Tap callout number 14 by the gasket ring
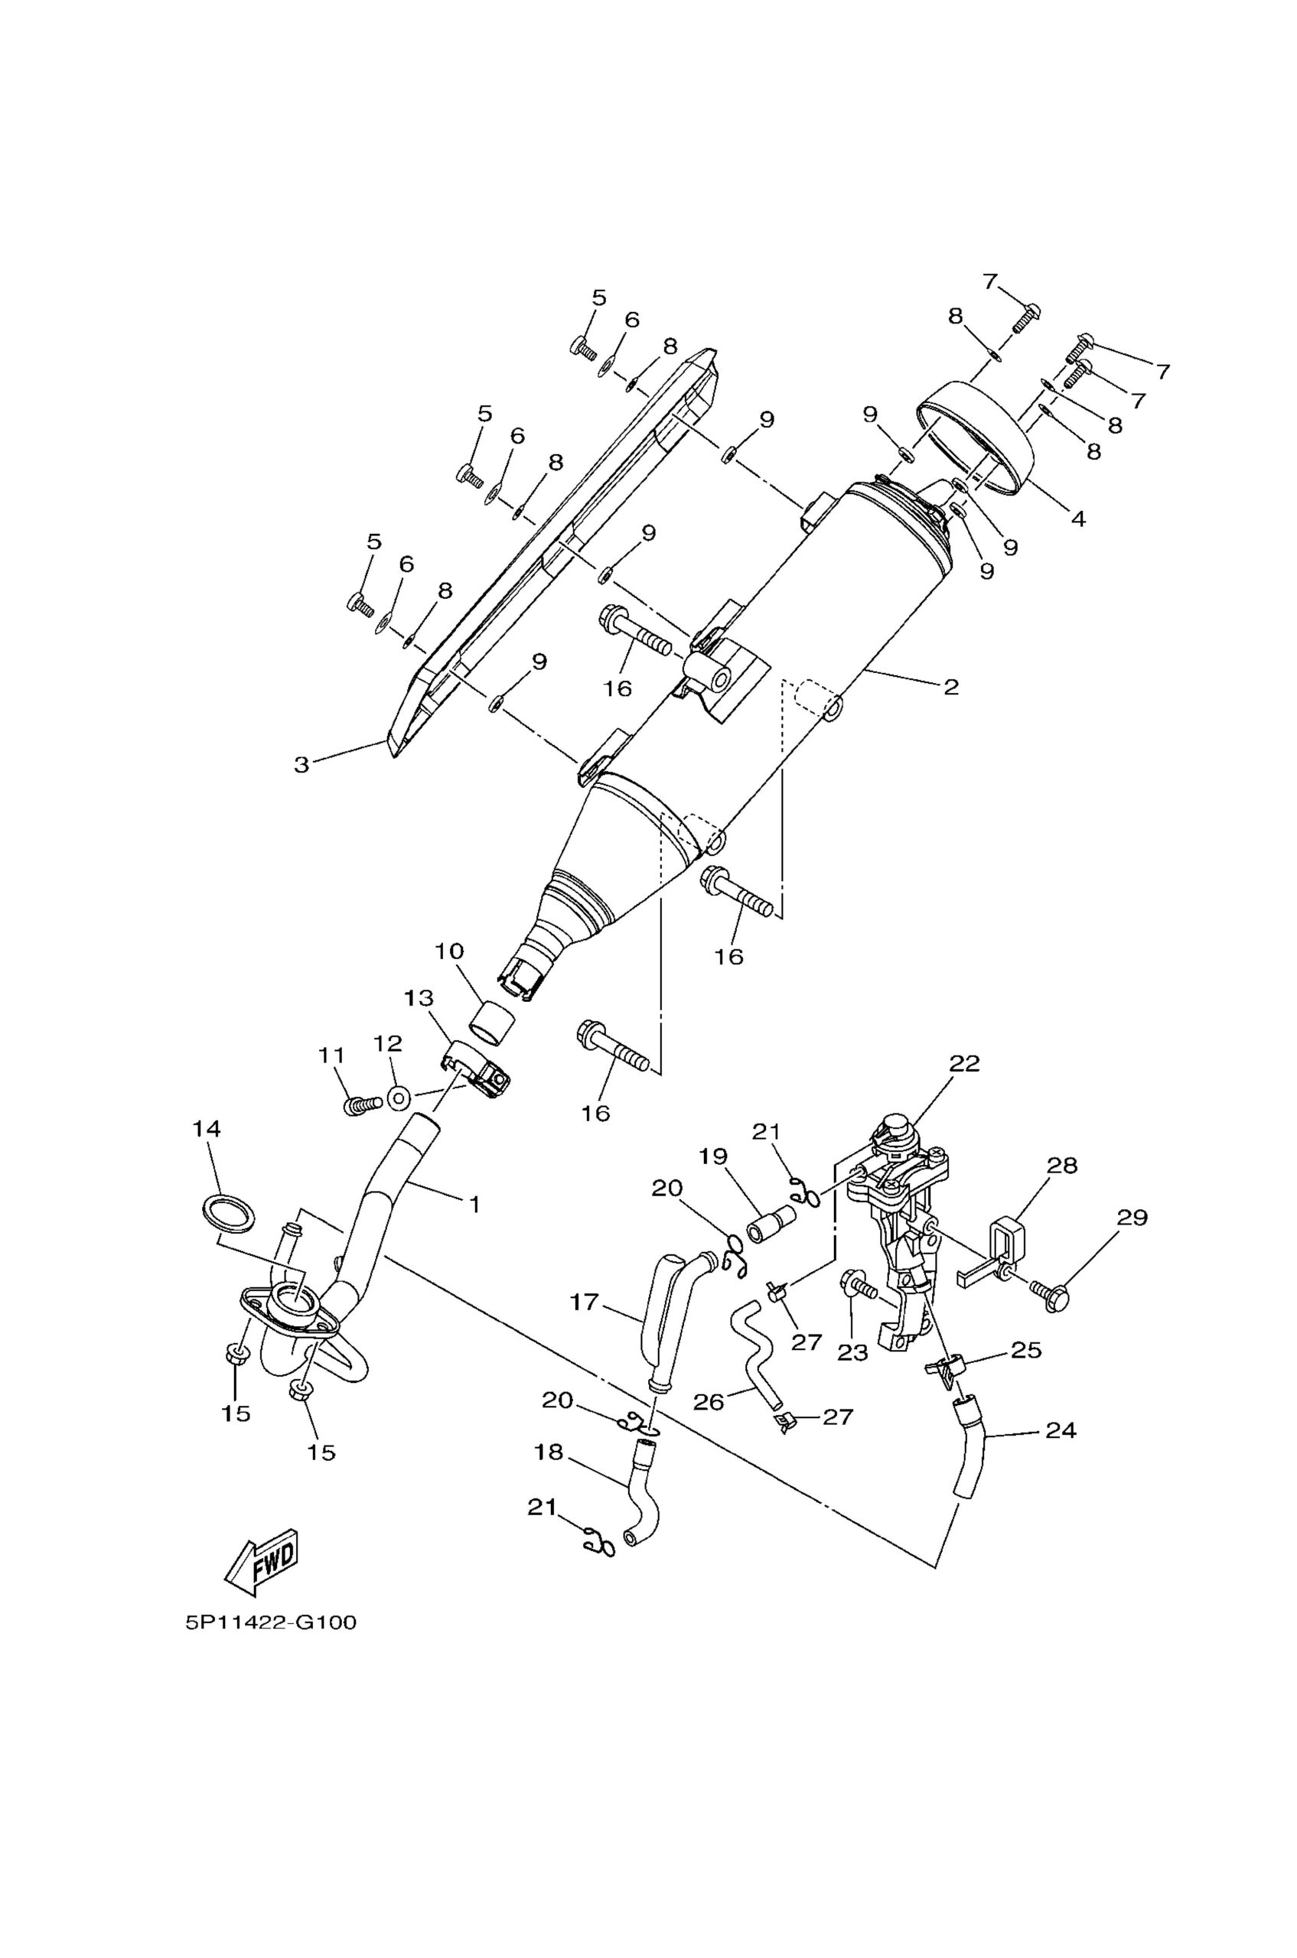[x=207, y=1129]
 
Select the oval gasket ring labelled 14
[x=228, y=1214]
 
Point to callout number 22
[x=964, y=1063]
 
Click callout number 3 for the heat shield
[x=302, y=765]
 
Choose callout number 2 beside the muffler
[x=950, y=686]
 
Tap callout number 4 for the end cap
[x=1078, y=519]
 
